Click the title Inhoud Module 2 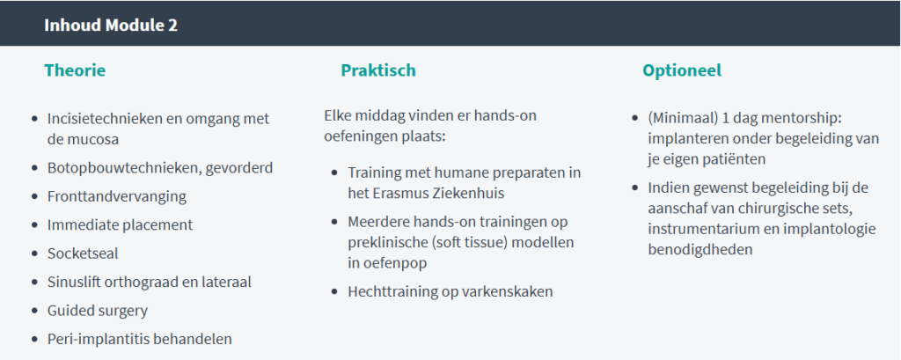coord(111,25)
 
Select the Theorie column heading coord(75,70)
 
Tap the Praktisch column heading coord(378,70)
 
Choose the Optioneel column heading coord(682,70)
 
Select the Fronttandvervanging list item coord(117,196)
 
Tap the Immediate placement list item coord(120,224)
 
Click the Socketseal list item coord(83,253)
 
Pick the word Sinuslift coord(75,282)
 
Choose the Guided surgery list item coord(98,310)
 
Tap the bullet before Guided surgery coord(34,311)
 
